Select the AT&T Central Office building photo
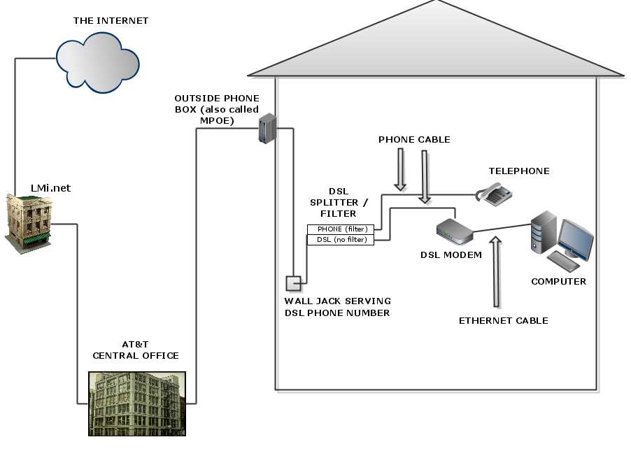tap(136, 403)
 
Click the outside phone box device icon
tap(267, 129)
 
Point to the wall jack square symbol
tap(292, 283)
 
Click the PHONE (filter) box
tap(341, 229)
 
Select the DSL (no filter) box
tap(341, 240)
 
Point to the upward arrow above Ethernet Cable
tap(496, 272)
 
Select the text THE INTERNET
tap(111, 21)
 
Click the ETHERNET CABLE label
tap(503, 321)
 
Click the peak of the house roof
tap(437, 2)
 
